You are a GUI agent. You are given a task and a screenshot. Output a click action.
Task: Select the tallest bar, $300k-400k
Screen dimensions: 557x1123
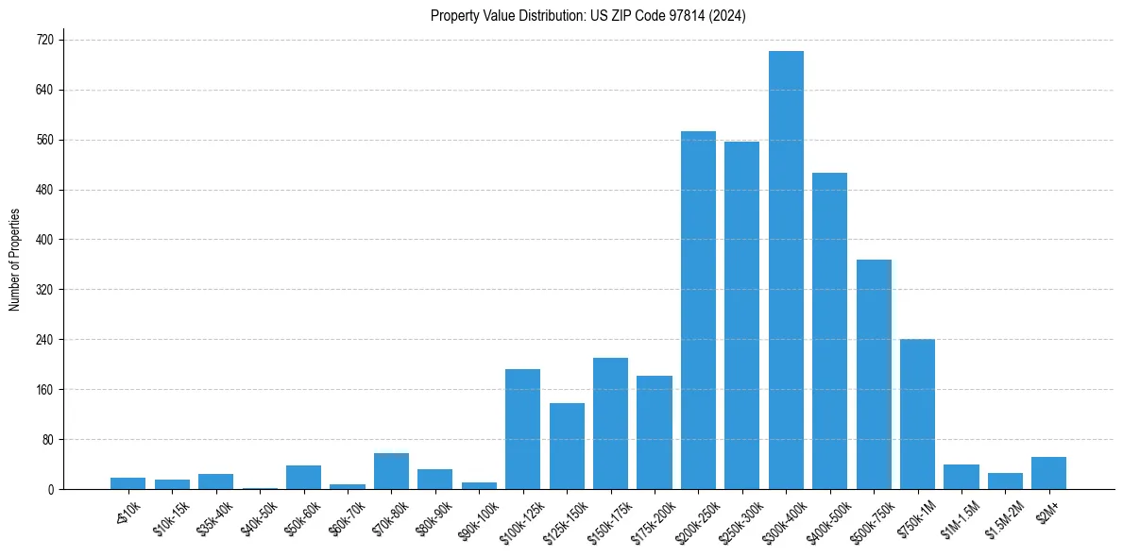pyautogui.click(x=786, y=270)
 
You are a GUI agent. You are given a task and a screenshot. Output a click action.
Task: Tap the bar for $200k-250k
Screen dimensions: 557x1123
pyautogui.click(x=698, y=310)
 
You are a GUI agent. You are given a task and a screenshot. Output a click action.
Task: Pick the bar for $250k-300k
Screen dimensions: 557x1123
pyautogui.click(x=741, y=315)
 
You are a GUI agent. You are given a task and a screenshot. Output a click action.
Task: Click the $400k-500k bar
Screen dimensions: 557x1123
pyautogui.click(x=829, y=330)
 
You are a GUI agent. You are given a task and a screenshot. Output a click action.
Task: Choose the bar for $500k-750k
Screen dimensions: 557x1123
pyautogui.click(x=874, y=374)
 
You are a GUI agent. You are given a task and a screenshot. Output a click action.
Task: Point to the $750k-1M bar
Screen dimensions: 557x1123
pyautogui.click(x=917, y=414)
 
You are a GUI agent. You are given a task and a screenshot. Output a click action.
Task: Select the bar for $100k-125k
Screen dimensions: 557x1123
pyautogui.click(x=522, y=429)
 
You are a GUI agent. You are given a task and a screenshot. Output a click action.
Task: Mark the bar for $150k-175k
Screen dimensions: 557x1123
pyautogui.click(x=610, y=423)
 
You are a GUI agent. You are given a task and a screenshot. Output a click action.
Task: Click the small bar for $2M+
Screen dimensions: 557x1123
pyautogui.click(x=1048, y=473)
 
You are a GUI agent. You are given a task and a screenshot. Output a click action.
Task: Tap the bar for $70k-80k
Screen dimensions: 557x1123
pyautogui.click(x=391, y=471)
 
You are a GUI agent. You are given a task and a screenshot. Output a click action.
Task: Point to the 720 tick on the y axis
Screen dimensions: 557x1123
pyautogui.click(x=44, y=41)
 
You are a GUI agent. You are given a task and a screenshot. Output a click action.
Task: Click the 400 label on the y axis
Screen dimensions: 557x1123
pyautogui.click(x=44, y=240)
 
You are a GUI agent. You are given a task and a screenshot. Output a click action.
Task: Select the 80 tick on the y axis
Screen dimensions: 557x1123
pyautogui.click(x=47, y=440)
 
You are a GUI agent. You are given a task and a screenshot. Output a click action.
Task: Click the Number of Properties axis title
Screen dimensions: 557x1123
pyautogui.click(x=14, y=260)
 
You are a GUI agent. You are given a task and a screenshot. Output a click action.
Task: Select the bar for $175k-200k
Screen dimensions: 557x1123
pyautogui.click(x=654, y=432)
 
